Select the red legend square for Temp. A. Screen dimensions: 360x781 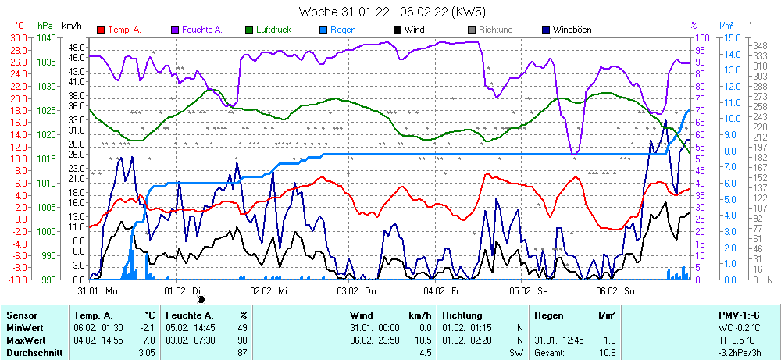(x=101, y=30)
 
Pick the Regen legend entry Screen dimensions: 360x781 (x=343, y=30)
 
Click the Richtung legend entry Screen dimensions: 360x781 (x=495, y=30)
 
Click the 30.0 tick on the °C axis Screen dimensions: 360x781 (x=17, y=37)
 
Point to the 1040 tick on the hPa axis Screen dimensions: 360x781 (x=46, y=37)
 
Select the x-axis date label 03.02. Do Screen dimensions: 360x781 (x=356, y=290)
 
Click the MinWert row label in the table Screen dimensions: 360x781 (x=24, y=328)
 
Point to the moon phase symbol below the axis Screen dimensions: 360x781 (x=201, y=298)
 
